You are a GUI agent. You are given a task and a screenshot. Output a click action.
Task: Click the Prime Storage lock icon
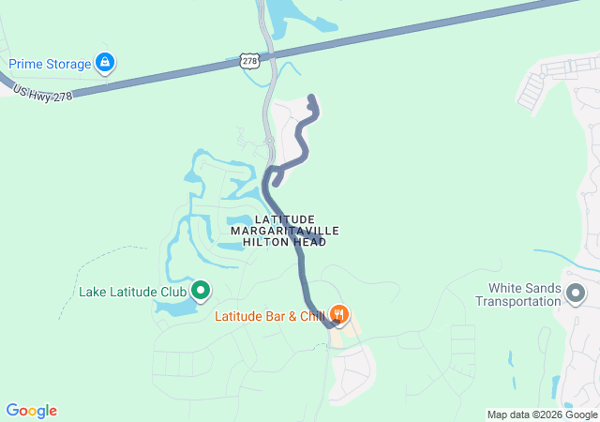(x=105, y=64)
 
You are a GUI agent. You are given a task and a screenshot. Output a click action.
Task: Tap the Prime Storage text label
(x=50, y=64)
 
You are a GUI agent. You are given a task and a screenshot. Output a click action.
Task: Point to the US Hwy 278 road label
(x=42, y=92)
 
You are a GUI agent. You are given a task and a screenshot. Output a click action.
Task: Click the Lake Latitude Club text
(x=132, y=291)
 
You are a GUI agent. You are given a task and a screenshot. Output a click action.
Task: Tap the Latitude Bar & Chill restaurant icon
(x=340, y=315)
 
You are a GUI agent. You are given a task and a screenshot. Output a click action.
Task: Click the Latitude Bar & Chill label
(x=269, y=316)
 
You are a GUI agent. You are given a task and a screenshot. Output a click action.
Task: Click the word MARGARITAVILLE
(x=284, y=230)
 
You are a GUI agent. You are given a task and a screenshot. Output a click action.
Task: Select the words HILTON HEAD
(x=284, y=242)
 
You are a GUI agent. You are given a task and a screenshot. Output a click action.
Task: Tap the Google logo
(x=32, y=411)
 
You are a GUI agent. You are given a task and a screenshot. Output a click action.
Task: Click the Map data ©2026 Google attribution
(x=541, y=414)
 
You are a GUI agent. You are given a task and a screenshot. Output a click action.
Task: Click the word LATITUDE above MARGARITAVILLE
(x=284, y=219)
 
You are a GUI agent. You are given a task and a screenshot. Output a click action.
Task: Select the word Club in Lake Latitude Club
(x=172, y=291)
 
